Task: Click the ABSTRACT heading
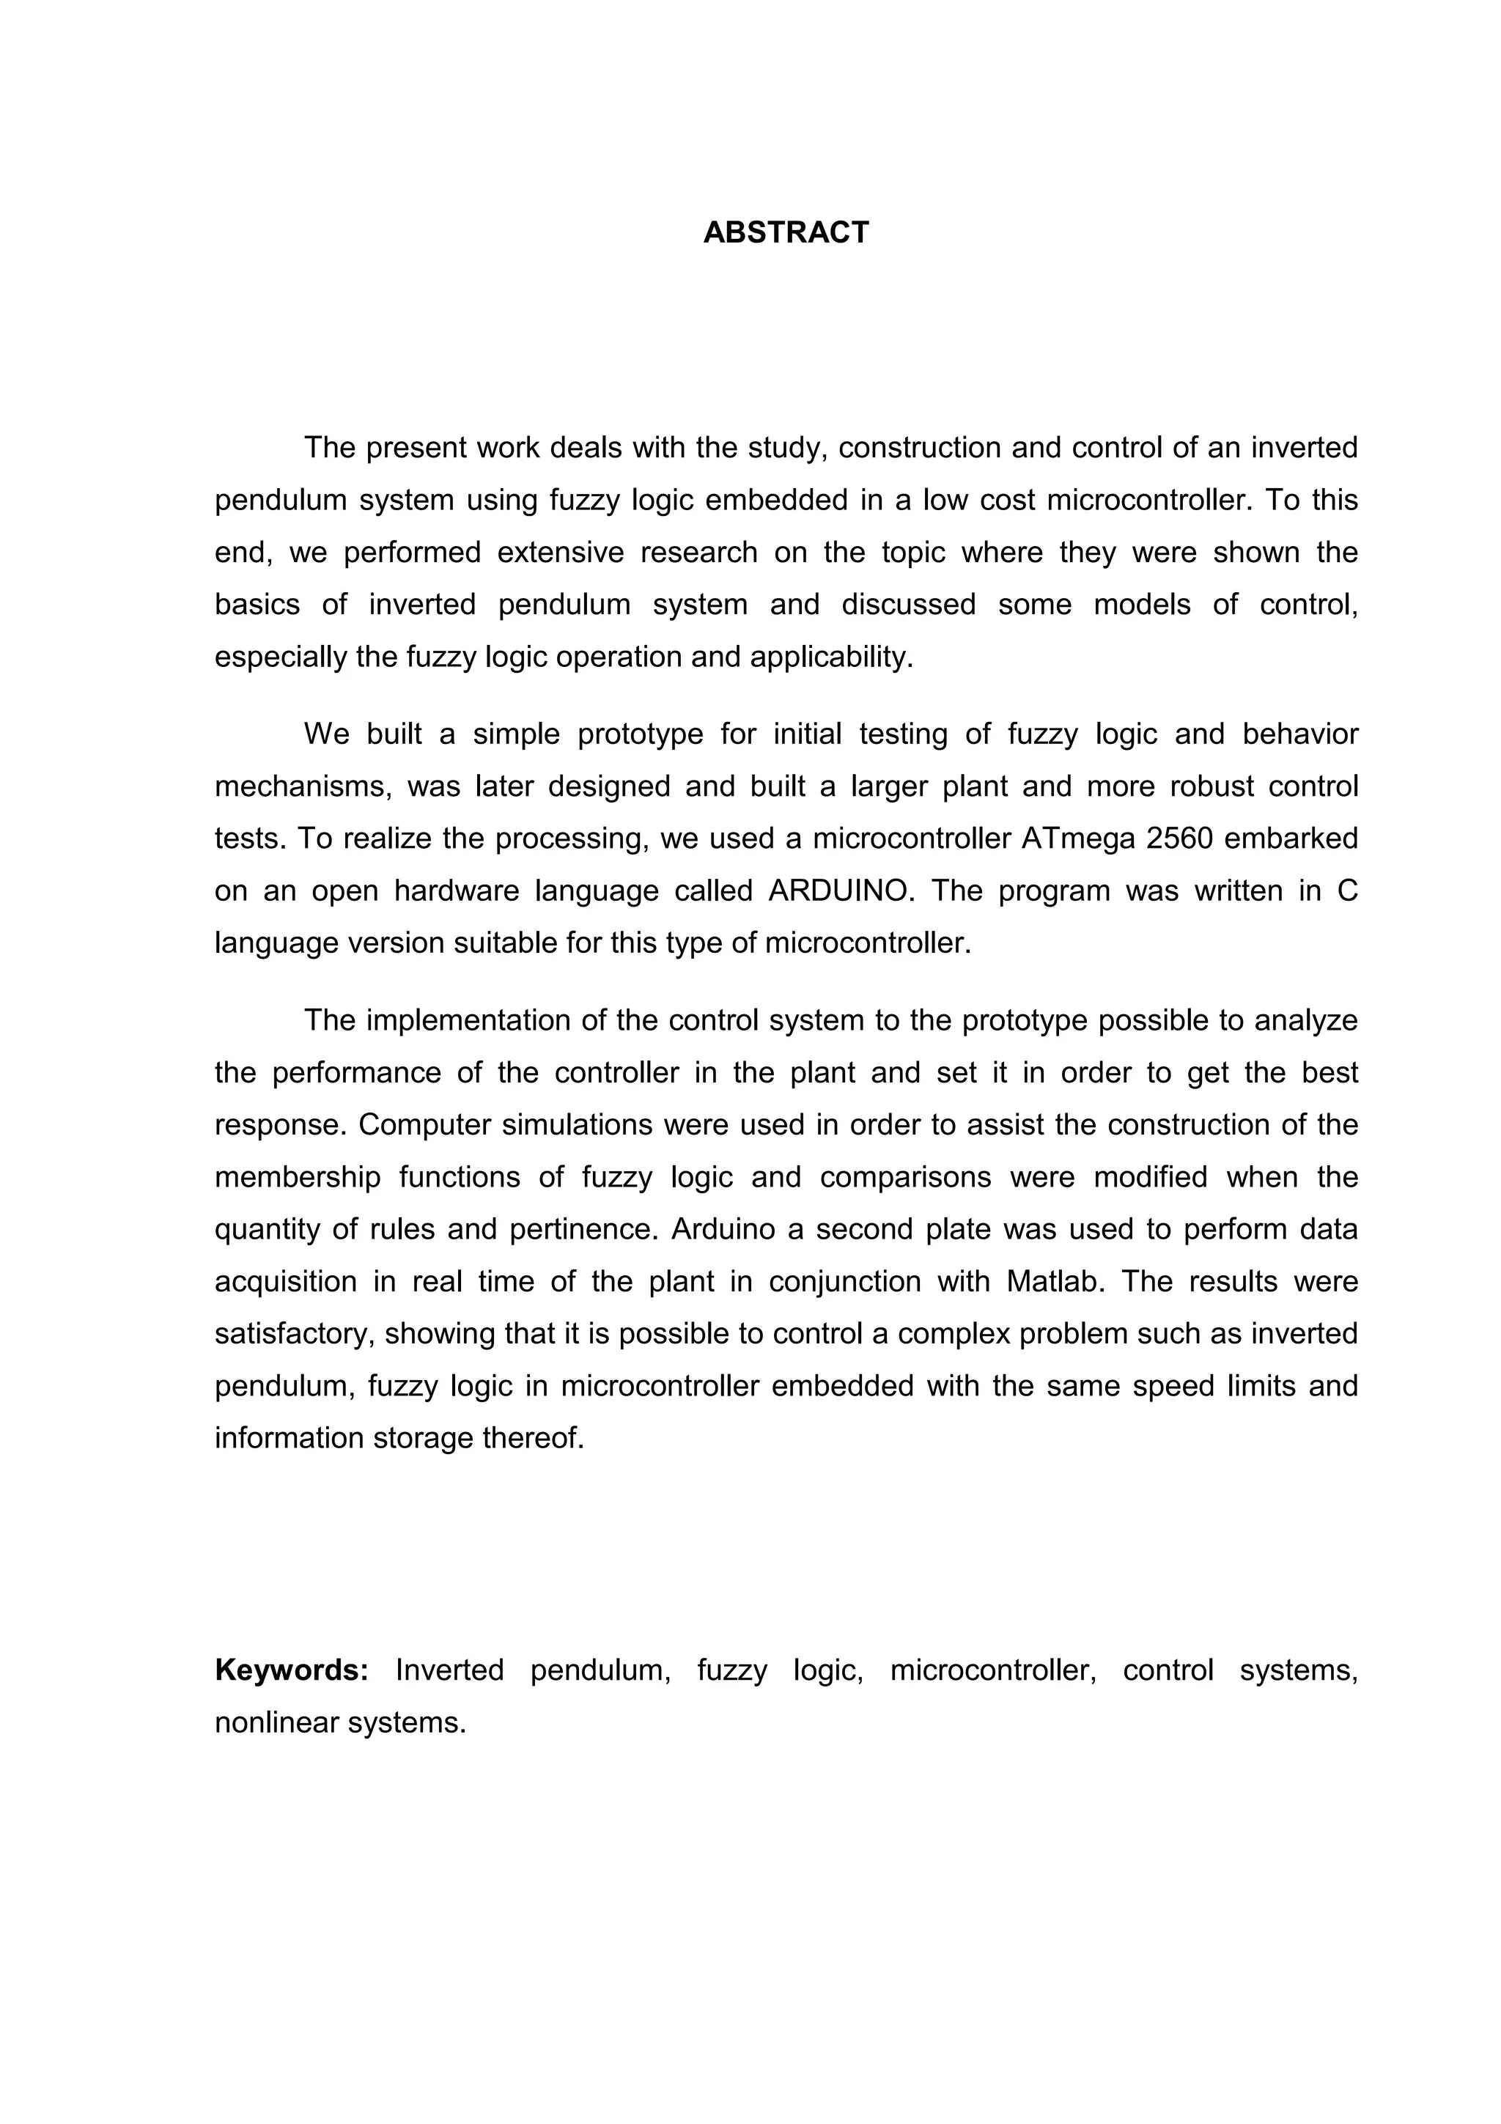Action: tap(786, 232)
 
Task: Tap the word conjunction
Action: tap(841, 1281)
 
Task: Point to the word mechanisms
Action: tap(297, 786)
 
